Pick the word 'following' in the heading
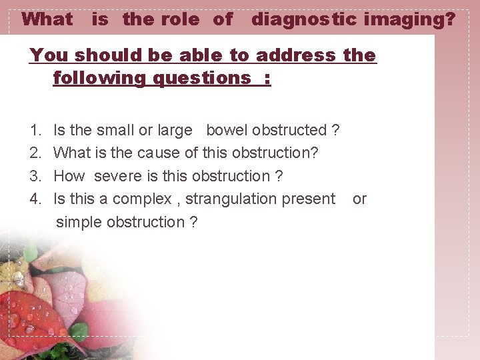click(x=101, y=78)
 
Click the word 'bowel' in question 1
click(x=227, y=130)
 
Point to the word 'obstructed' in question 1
click(x=290, y=130)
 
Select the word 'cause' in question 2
click(x=158, y=153)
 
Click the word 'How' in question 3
click(x=69, y=176)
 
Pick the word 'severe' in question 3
click(x=118, y=176)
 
